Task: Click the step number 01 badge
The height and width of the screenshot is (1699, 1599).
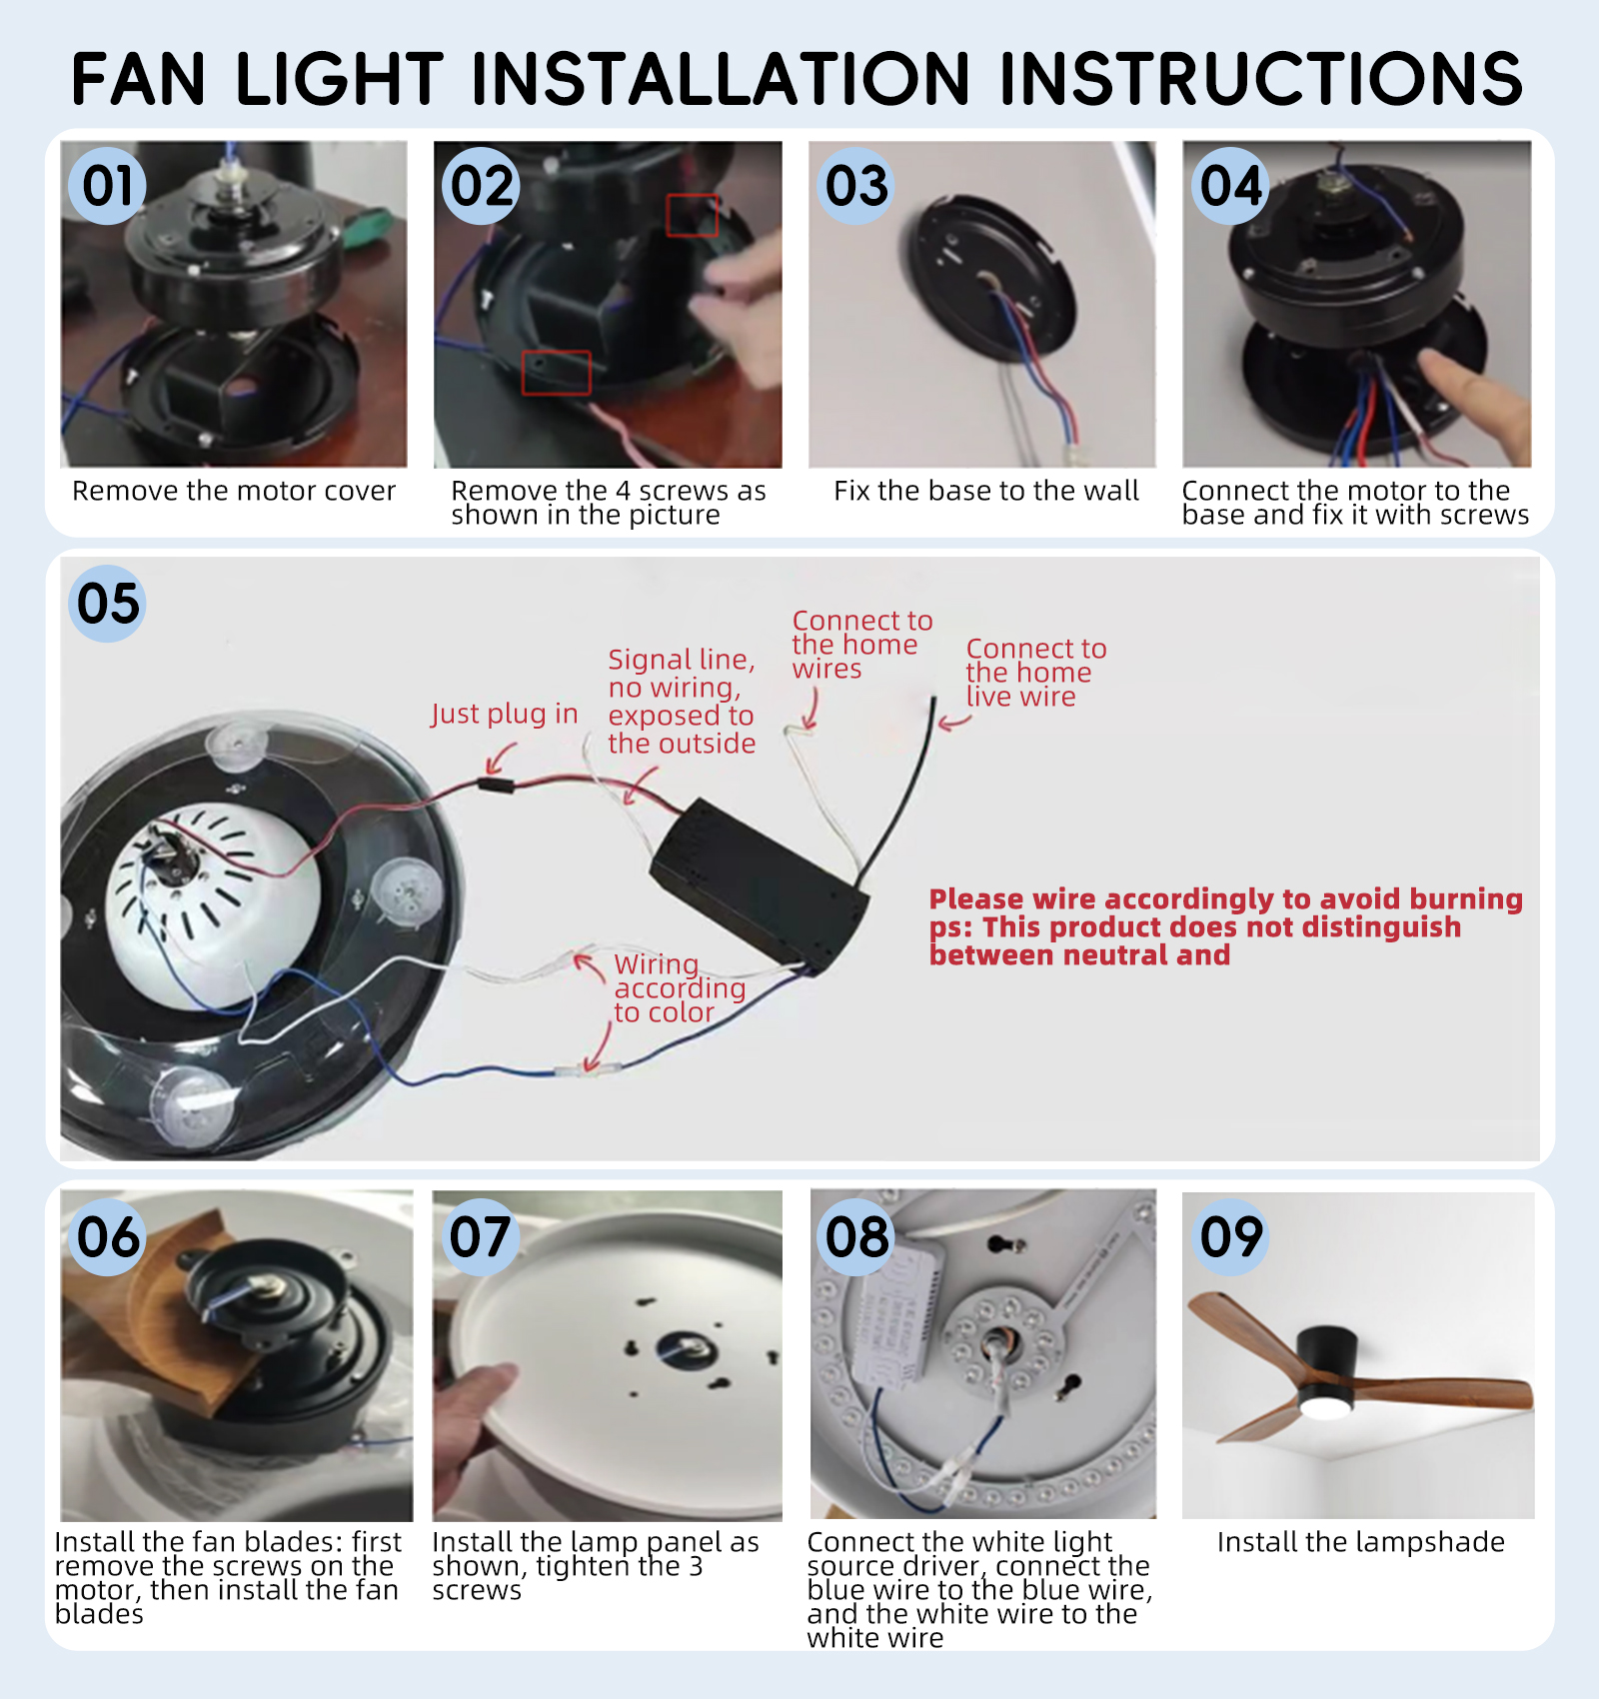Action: tap(108, 186)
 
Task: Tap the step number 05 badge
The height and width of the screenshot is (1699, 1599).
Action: tap(108, 604)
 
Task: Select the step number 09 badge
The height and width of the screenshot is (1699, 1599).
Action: tap(1232, 1237)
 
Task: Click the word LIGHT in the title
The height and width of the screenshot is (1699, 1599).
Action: tap(340, 79)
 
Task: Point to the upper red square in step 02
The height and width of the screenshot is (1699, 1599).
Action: tap(693, 215)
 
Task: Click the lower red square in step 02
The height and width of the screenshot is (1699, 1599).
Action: tap(557, 373)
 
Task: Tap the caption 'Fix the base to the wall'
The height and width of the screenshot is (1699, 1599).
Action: tap(986, 491)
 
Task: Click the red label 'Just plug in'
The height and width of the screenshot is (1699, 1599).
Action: tap(505, 714)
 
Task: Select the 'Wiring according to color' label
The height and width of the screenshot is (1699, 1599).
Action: tap(680, 988)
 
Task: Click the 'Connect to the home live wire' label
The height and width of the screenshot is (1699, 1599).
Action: tap(1036, 673)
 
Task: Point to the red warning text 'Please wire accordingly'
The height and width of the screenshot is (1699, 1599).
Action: tap(1226, 898)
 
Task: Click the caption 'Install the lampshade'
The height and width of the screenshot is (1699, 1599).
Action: tap(1361, 1542)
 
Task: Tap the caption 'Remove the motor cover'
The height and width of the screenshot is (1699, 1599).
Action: tap(234, 491)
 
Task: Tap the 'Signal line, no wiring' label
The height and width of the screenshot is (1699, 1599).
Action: tap(682, 701)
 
